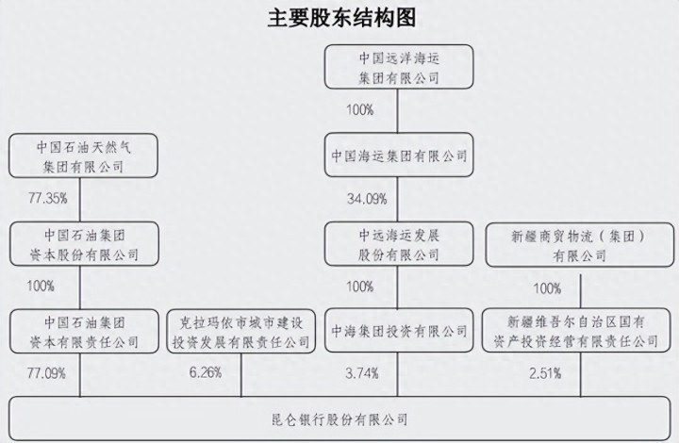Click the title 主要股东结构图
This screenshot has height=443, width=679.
339,18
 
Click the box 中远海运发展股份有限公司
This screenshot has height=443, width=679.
399,243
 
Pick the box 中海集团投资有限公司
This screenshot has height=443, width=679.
399,331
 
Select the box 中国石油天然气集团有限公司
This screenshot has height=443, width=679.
82,156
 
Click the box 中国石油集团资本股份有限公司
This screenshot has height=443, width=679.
82,243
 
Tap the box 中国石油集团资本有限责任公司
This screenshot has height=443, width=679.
82,331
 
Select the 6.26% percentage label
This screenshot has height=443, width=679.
205,374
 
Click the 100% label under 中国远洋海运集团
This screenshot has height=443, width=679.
360,110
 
